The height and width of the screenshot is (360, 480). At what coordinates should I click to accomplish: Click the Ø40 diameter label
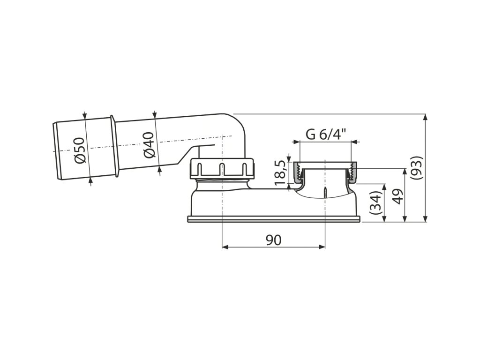pyautogui.click(x=149, y=145)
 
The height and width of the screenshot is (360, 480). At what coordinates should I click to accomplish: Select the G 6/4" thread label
pyautogui.click(x=326, y=134)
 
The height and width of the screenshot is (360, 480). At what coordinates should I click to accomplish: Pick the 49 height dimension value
pyautogui.click(x=398, y=195)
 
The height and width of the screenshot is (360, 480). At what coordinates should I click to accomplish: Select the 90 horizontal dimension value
pyautogui.click(x=273, y=240)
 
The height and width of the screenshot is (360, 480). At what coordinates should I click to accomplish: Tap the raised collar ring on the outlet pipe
pyautogui.click(x=113, y=146)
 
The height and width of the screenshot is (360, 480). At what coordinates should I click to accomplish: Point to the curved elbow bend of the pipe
pyautogui.click(x=234, y=124)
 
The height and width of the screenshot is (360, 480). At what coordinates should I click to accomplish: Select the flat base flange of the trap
pyautogui.click(x=274, y=219)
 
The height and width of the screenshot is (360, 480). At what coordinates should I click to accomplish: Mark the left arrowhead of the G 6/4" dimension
pyautogui.click(x=295, y=141)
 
